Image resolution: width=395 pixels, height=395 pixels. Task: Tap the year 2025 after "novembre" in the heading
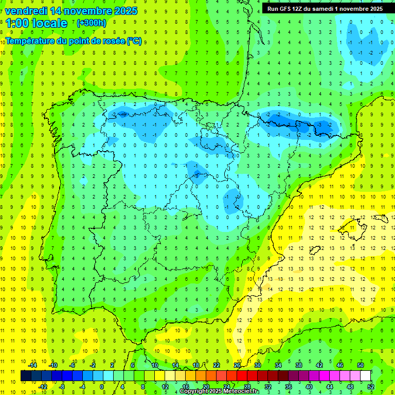tap(123, 11)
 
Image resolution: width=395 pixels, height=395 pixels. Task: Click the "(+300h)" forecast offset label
tap(91, 23)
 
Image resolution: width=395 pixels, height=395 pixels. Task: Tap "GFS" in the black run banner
tap(286, 9)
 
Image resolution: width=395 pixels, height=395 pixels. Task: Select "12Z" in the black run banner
tap(301, 9)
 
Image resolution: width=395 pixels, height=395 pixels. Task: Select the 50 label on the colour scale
tap(361, 365)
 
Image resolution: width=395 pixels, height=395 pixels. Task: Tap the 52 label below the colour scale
tap(371, 387)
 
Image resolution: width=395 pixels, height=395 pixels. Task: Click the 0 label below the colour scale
tap(102, 387)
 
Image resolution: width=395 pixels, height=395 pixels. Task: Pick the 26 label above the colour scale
tap(237, 365)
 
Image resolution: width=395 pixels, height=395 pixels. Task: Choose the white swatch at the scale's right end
tap(366, 376)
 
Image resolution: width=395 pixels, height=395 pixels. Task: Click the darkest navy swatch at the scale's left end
tap(26, 376)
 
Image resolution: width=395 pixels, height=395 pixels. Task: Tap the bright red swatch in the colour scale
tap(242, 376)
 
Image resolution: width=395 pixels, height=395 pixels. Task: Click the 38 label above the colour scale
tap(299, 365)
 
